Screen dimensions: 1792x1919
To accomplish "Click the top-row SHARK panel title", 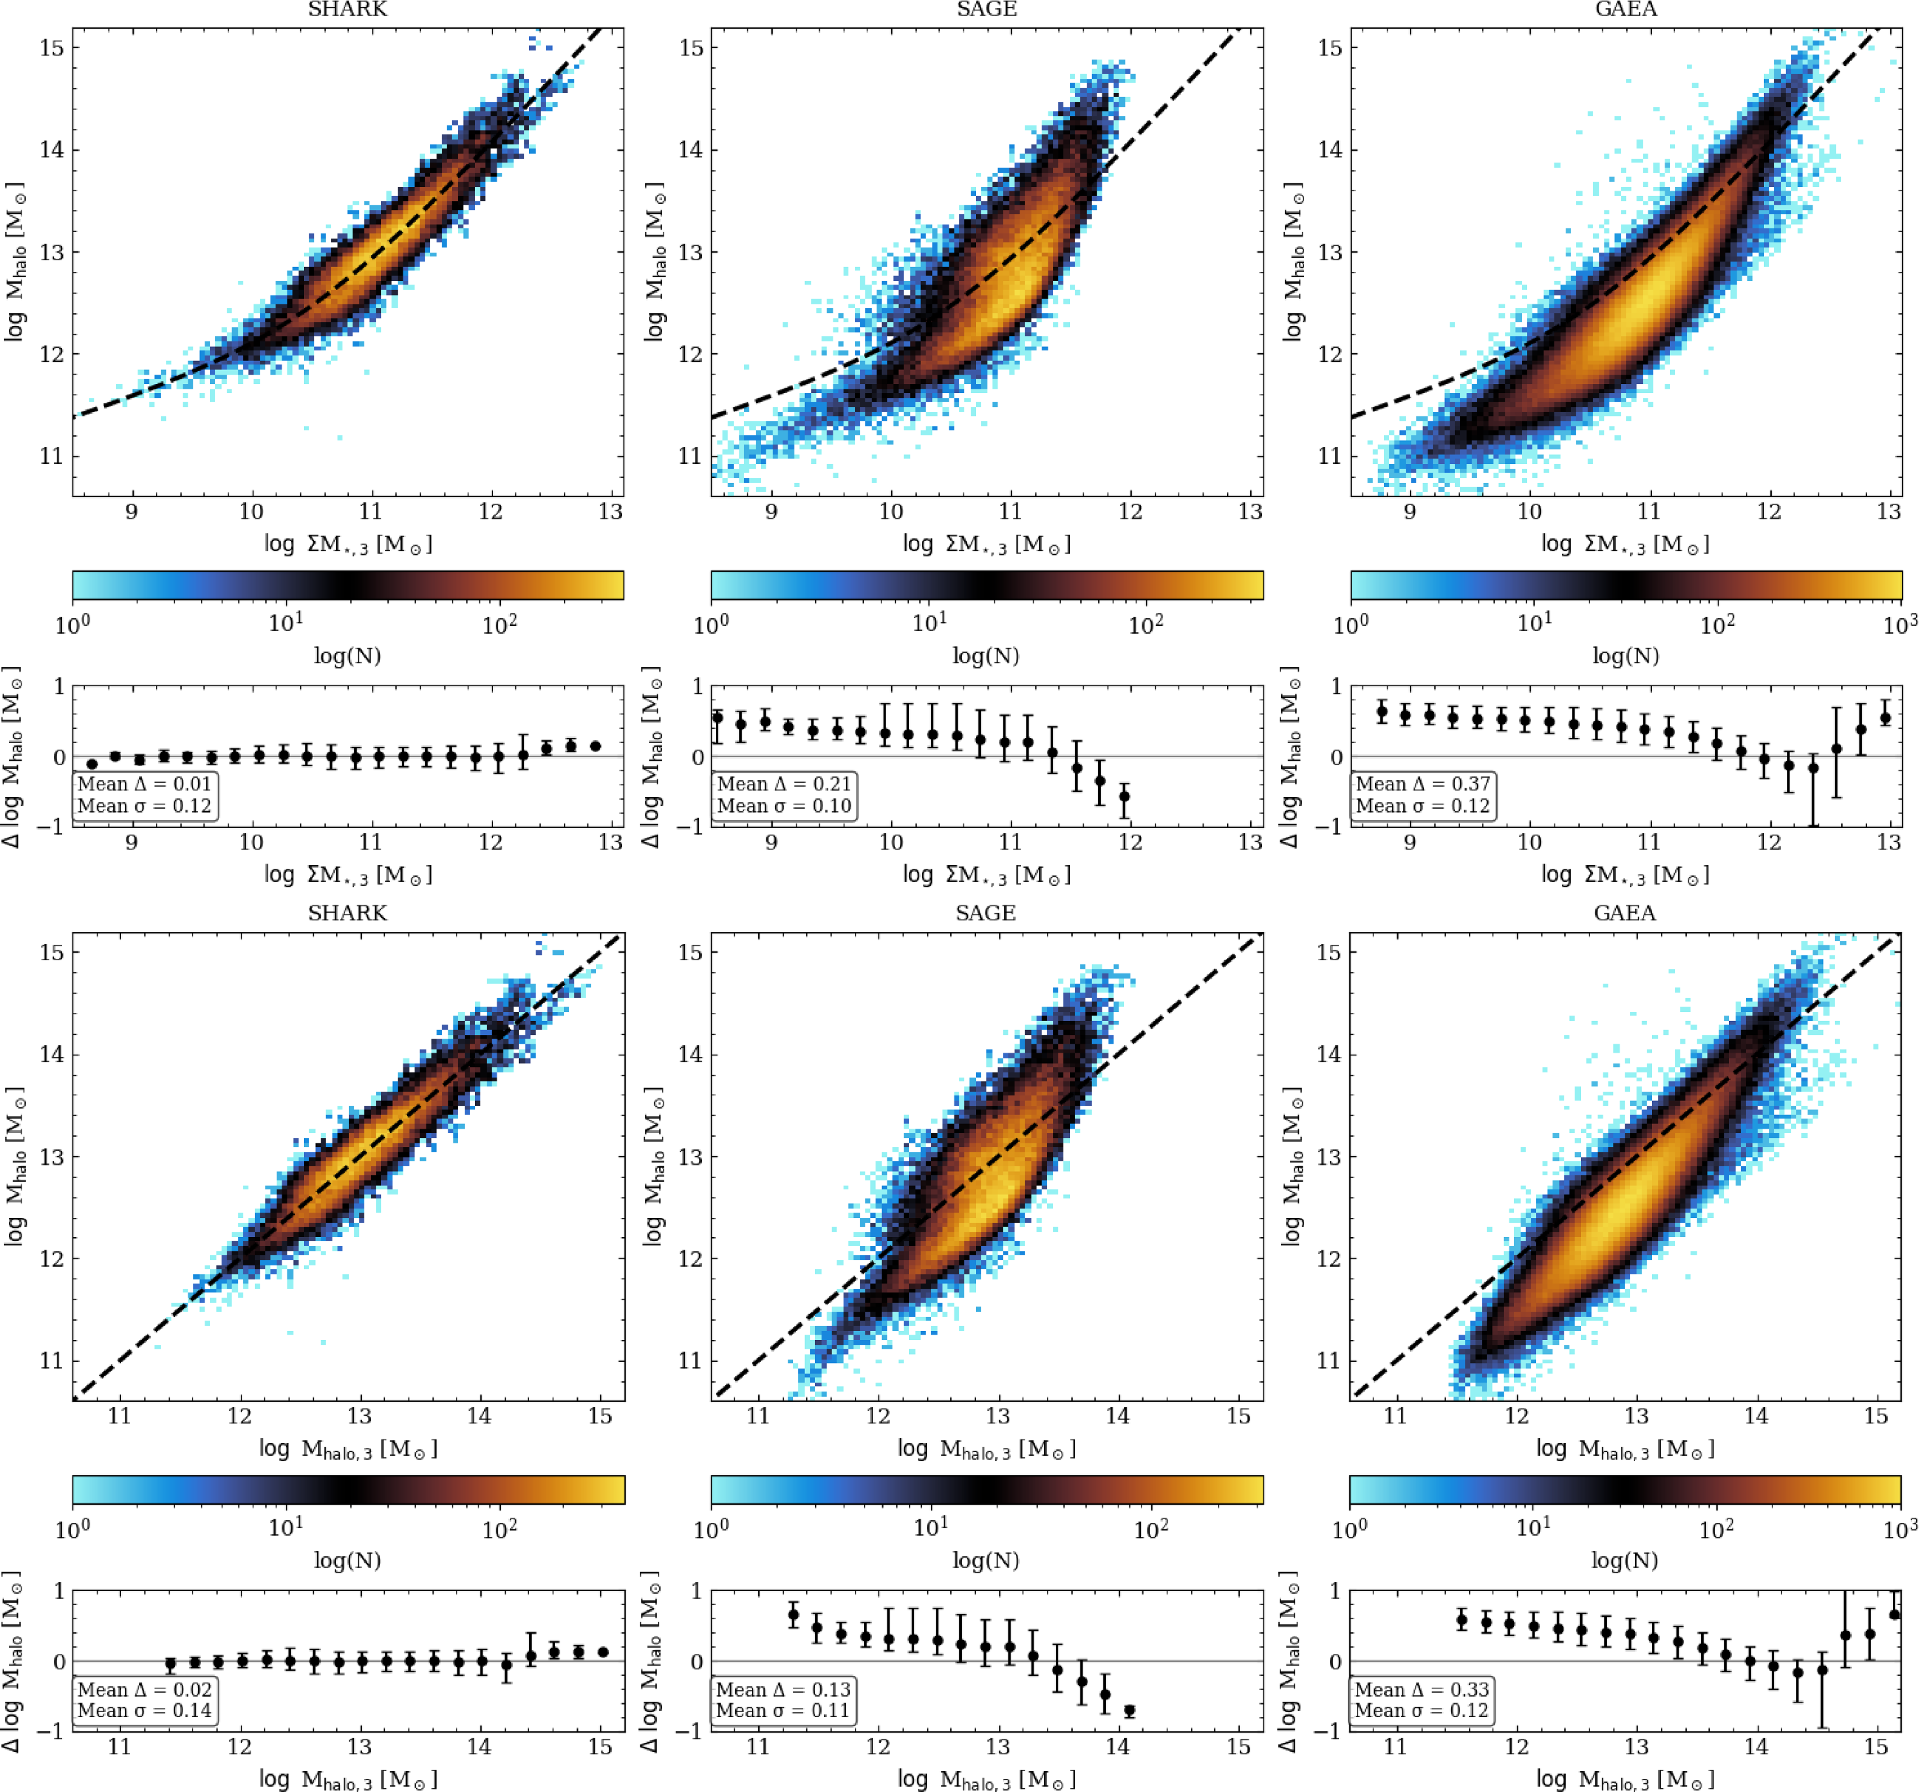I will (347, 10).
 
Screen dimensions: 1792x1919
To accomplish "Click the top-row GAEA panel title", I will (1626, 10).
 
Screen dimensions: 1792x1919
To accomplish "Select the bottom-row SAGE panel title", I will (985, 913).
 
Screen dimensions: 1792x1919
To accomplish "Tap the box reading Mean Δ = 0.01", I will (145, 795).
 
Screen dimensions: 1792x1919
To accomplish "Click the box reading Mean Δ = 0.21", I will (784, 795).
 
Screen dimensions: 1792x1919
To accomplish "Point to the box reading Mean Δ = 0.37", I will (1423, 795).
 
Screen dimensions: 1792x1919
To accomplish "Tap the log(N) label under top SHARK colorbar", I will (347, 656).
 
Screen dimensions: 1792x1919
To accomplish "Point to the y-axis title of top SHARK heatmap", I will (16, 261).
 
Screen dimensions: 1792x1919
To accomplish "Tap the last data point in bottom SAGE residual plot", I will (1129, 1711).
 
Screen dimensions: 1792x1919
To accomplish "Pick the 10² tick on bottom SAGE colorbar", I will (1151, 1529).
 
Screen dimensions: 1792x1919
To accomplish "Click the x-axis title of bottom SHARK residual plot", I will (347, 1778).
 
